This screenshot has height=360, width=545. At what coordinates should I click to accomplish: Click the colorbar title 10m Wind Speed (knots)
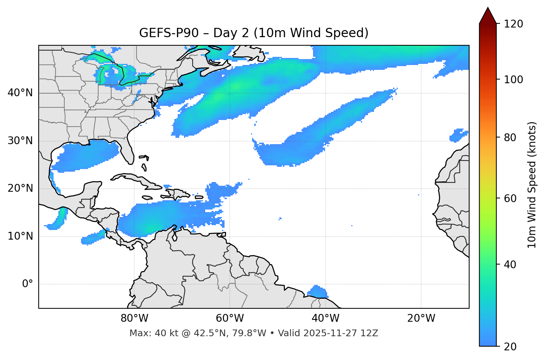point(532,185)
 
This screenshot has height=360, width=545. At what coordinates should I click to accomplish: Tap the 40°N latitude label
point(20,93)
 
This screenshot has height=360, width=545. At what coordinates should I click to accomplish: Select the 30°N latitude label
point(20,141)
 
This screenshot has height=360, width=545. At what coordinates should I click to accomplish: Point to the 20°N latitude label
point(20,188)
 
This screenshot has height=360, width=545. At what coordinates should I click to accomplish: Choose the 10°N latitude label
point(20,236)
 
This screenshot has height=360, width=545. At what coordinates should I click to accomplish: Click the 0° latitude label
point(28,284)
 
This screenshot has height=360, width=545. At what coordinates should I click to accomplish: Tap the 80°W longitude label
point(134,318)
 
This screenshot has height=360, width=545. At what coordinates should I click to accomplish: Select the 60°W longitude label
point(230,318)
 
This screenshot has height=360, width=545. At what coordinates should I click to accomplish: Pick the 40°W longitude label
point(325,318)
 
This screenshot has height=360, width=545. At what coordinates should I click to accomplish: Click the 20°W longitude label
point(421,318)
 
